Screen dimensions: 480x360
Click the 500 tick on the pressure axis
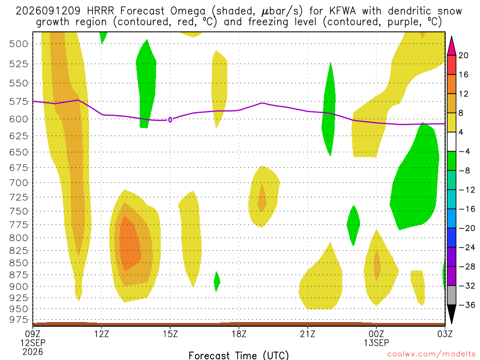pyautogui.click(x=19, y=44)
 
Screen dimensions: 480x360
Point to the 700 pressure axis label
pyautogui.click(x=19, y=183)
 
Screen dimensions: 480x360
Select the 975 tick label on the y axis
pyautogui.click(x=19, y=320)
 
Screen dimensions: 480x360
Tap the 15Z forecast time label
pyautogui.click(x=170, y=334)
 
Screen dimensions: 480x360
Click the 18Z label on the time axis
pyautogui.click(x=239, y=334)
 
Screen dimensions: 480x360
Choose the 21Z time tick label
pyautogui.click(x=307, y=334)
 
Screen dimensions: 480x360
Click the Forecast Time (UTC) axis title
pyautogui.click(x=239, y=355)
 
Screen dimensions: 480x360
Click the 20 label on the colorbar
pyautogui.click(x=463, y=55)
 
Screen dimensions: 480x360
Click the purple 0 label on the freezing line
pyautogui.click(x=170, y=120)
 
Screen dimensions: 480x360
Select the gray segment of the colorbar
pyautogui.click(x=451, y=295)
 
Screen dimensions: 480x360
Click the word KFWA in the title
pyautogui.click(x=343, y=11)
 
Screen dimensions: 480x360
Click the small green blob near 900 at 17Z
pyautogui.click(x=217, y=281)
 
